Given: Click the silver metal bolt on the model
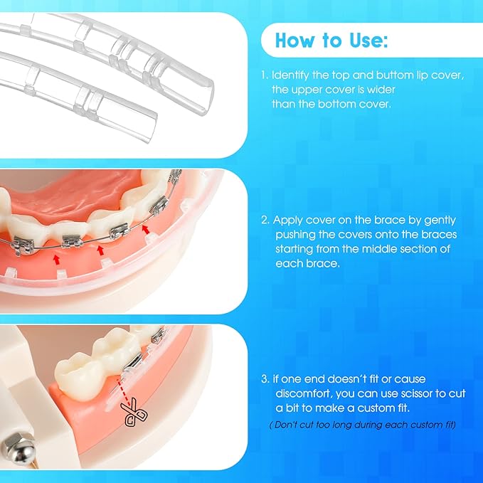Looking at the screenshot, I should [x=14, y=447].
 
